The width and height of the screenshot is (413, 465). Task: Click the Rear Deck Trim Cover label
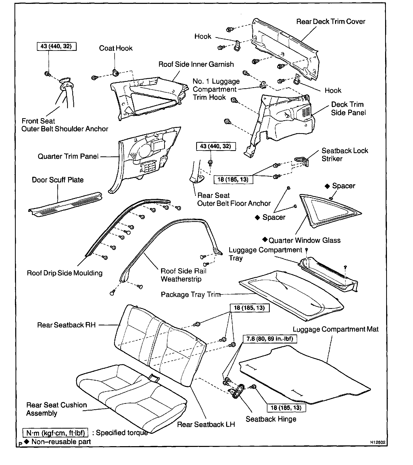tap(330, 21)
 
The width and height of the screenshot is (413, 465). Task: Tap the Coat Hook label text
tap(116, 48)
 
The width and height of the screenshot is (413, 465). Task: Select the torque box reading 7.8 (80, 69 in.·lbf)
tap(270, 339)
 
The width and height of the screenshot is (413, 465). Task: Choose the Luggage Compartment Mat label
tap(336, 329)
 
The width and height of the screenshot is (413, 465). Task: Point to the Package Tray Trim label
tap(190, 294)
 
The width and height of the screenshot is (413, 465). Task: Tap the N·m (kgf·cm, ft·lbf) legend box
tap(55, 432)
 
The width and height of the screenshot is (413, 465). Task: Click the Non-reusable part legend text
tap(61, 442)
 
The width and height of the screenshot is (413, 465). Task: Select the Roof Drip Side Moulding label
tap(65, 273)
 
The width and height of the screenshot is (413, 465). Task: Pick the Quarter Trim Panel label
tap(68, 156)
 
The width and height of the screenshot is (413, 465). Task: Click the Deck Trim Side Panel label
tap(348, 108)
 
